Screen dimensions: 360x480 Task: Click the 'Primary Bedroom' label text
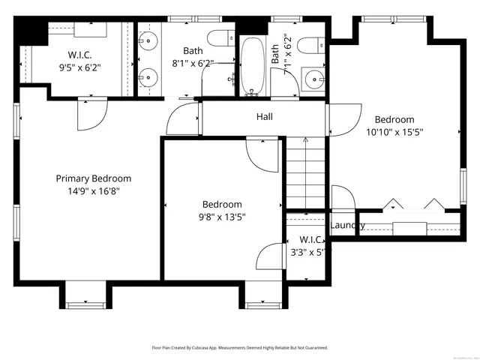(x=94, y=178)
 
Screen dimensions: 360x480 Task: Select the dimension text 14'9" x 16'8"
(x=94, y=191)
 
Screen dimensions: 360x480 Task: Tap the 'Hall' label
(x=264, y=117)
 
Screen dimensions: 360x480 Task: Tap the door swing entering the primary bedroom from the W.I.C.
(x=91, y=112)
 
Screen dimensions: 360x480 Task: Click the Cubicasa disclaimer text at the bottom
(x=240, y=348)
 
